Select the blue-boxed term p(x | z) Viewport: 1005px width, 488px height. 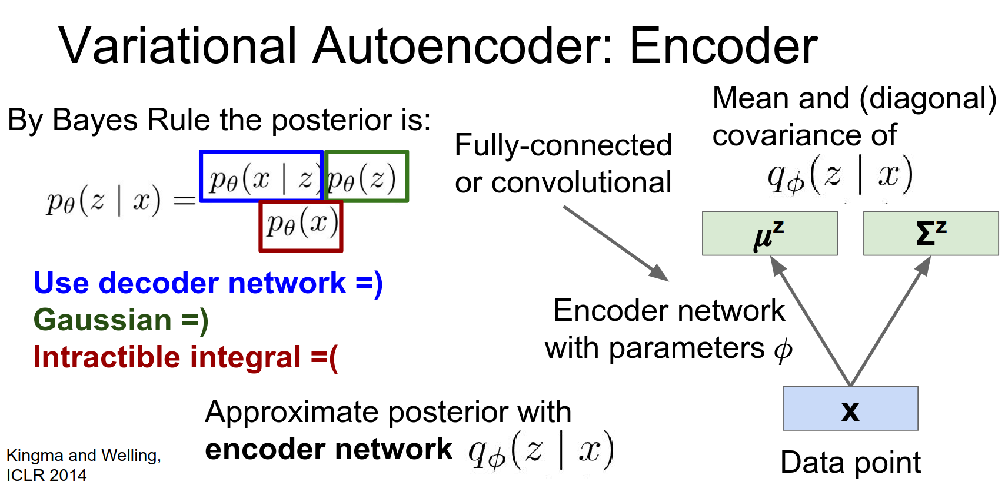click(261, 177)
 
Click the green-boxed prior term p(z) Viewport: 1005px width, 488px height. click(366, 177)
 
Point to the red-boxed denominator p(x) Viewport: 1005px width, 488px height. click(301, 227)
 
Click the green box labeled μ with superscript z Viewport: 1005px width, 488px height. click(769, 234)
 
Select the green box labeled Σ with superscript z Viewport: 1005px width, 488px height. click(930, 234)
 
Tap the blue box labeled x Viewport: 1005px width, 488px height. click(850, 409)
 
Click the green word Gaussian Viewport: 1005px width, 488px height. click(102, 320)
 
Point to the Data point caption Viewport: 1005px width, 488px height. click(850, 463)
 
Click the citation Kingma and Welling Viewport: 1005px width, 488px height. click(83, 456)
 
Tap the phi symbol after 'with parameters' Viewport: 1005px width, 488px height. click(783, 350)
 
